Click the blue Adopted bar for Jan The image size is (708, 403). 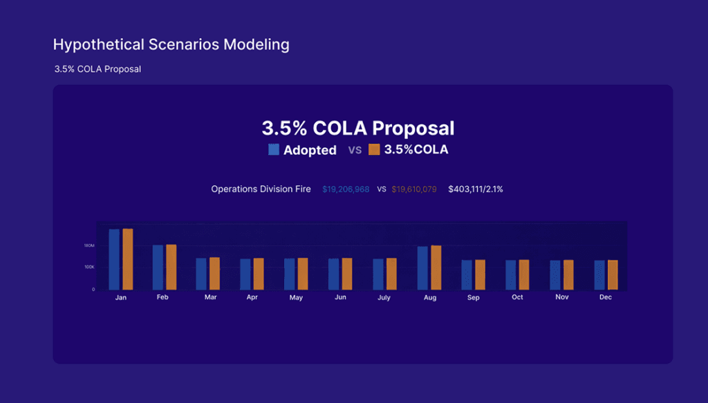coord(114,259)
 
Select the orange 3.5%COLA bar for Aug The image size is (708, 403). coord(436,268)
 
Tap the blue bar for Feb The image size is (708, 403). coord(158,267)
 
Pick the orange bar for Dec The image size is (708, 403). coord(613,275)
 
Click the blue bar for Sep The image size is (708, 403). coord(467,274)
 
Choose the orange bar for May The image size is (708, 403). coord(303,274)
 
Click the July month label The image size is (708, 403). coord(384,298)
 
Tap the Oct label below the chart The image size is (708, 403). coord(517,297)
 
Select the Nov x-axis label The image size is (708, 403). coord(561,297)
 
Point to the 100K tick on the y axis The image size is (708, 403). coord(89,267)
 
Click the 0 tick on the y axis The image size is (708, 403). coord(93,290)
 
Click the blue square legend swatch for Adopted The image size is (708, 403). coord(274,149)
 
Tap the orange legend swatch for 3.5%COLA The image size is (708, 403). coord(374,149)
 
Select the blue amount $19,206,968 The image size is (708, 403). coord(346,189)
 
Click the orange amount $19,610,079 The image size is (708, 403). coord(413,189)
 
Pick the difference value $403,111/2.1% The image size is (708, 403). coord(476,189)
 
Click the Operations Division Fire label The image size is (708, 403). coord(261,189)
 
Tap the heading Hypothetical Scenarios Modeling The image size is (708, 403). coord(171,45)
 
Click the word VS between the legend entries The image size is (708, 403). coord(355,150)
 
